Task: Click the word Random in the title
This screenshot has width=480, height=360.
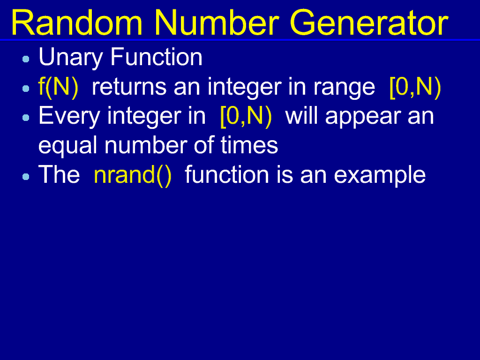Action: point(77,22)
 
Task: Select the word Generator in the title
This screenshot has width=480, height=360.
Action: point(369,22)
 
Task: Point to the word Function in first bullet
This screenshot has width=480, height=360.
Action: point(157,57)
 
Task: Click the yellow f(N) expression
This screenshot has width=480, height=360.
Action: point(59,87)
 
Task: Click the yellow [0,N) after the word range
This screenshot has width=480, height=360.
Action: point(415,87)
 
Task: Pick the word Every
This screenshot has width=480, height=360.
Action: point(69,117)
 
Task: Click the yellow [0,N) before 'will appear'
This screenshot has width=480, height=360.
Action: point(246,117)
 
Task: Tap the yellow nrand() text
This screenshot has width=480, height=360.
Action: point(133,175)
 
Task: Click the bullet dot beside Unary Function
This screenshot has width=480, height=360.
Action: point(26,59)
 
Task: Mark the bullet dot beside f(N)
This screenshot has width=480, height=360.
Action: point(26,89)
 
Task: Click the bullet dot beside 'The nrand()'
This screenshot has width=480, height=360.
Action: point(26,177)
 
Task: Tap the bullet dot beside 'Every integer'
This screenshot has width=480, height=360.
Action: point(26,118)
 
